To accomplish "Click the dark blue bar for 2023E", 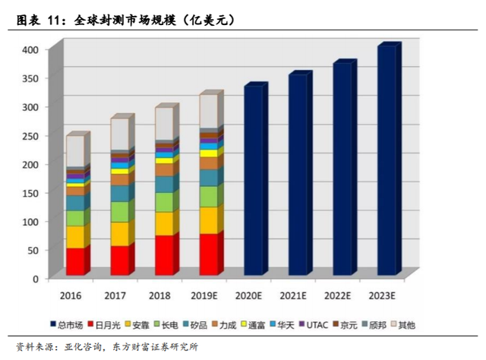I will pyautogui.click(x=386, y=160).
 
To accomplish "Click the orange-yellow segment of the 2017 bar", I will pyautogui.click(x=119, y=234).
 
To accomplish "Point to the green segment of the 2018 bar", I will pyautogui.click(x=164, y=202).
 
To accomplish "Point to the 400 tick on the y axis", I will pyautogui.click(x=32, y=49).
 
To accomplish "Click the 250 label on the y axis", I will pyautogui.click(x=32, y=135).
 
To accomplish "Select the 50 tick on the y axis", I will pyautogui.click(x=34, y=250).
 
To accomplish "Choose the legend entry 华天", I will pyautogui.click(x=285, y=324).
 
